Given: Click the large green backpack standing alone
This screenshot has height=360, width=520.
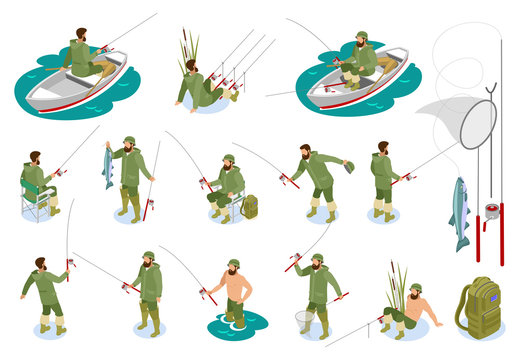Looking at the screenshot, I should tap(477, 307).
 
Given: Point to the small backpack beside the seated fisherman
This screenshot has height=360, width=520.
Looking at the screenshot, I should tap(249, 207).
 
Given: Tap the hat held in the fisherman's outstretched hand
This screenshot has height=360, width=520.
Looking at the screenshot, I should tap(348, 167).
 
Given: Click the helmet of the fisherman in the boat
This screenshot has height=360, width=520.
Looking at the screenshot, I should tap(361, 36).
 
